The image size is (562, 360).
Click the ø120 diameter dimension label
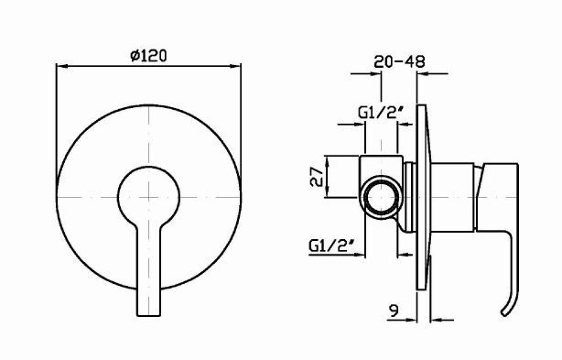click(148, 56)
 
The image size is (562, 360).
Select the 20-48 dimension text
click(399, 61)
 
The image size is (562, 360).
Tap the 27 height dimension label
click(317, 177)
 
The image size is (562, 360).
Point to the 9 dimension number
click(394, 311)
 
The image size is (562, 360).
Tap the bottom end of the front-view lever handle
click(149, 315)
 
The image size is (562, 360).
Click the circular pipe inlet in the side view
click(380, 198)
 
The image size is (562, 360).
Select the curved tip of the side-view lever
click(504, 313)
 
